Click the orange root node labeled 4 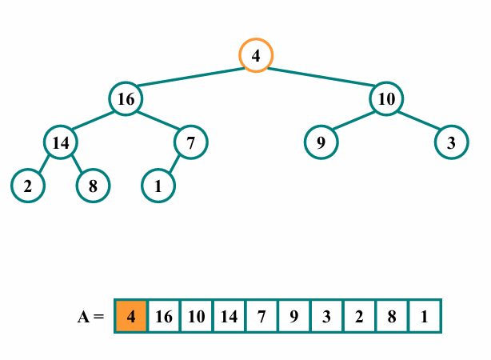[x=256, y=56]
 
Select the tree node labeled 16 [x=126, y=99]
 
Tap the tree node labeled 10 [x=386, y=99]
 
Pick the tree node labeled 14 [x=61, y=143]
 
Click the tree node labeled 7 [x=190, y=143]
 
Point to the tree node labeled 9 [x=321, y=143]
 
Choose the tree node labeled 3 [x=452, y=143]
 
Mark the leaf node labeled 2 [x=28, y=186]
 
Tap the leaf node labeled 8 [x=93, y=186]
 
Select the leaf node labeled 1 [x=158, y=186]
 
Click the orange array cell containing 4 [x=131, y=317]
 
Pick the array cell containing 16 [x=164, y=317]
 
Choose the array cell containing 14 [x=229, y=317]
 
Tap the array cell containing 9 [x=294, y=317]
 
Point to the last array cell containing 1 [x=424, y=317]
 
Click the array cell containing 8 [x=392, y=317]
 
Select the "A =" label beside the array [x=90, y=317]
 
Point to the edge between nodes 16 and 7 [x=158, y=122]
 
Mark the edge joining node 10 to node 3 [x=419, y=122]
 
